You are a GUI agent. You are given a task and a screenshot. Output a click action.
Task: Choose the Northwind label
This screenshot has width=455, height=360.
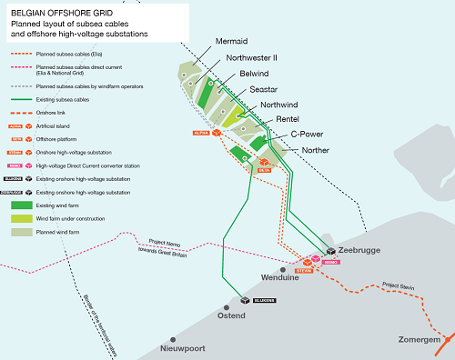(279, 105)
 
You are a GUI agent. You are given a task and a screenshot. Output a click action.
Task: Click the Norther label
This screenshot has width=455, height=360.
(315, 150)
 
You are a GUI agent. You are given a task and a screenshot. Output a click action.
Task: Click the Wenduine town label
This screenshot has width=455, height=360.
(279, 276)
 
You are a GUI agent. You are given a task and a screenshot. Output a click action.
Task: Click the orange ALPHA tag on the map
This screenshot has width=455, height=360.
(201, 133)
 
